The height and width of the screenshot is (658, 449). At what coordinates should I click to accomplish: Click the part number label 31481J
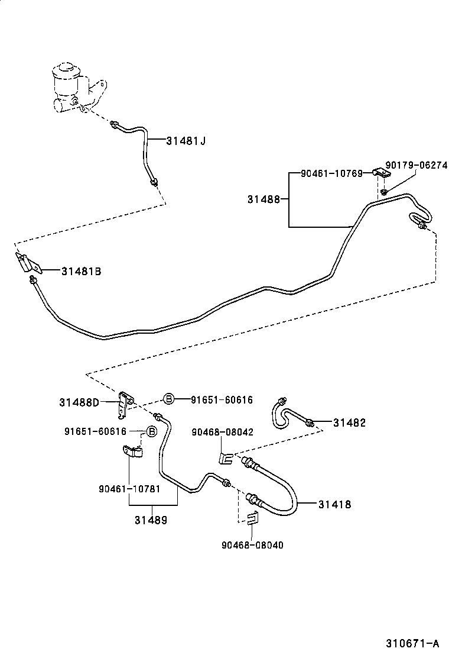point(186,141)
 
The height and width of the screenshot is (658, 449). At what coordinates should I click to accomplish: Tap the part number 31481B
point(81,271)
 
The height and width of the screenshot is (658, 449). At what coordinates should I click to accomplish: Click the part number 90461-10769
point(331,173)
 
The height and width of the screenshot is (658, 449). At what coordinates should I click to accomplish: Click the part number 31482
point(349,422)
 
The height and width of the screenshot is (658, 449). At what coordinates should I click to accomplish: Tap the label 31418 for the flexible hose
point(334,504)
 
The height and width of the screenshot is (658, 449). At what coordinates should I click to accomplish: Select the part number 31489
point(151,520)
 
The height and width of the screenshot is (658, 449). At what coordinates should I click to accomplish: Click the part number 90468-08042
point(222,432)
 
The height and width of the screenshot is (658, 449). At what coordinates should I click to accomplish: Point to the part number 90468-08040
point(252,545)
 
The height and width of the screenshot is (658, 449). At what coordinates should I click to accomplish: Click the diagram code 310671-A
point(413,643)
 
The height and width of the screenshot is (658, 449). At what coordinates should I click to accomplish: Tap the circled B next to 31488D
point(168,399)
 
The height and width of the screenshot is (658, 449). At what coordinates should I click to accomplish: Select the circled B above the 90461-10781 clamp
point(151,431)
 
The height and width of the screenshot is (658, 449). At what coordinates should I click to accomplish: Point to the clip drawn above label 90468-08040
point(252,519)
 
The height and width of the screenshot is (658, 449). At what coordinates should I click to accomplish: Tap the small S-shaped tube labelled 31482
point(282,412)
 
